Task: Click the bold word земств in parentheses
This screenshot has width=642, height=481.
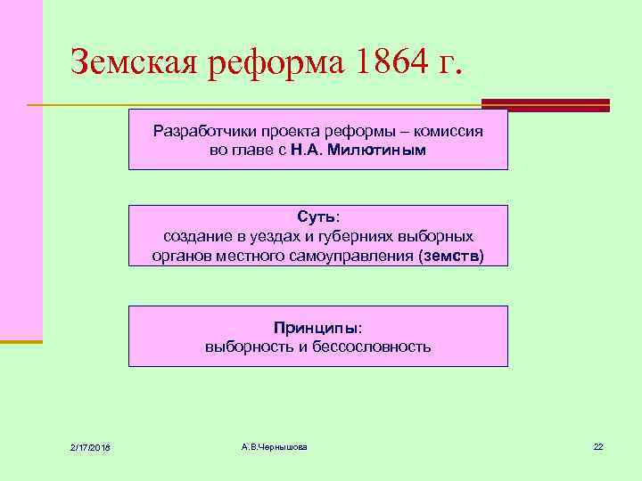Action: (x=449, y=257)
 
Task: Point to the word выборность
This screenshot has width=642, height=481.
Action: (x=245, y=346)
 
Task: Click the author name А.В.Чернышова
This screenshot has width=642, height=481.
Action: (x=274, y=445)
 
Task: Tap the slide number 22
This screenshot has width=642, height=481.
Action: (x=598, y=445)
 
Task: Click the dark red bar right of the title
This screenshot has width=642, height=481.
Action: (x=546, y=104)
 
